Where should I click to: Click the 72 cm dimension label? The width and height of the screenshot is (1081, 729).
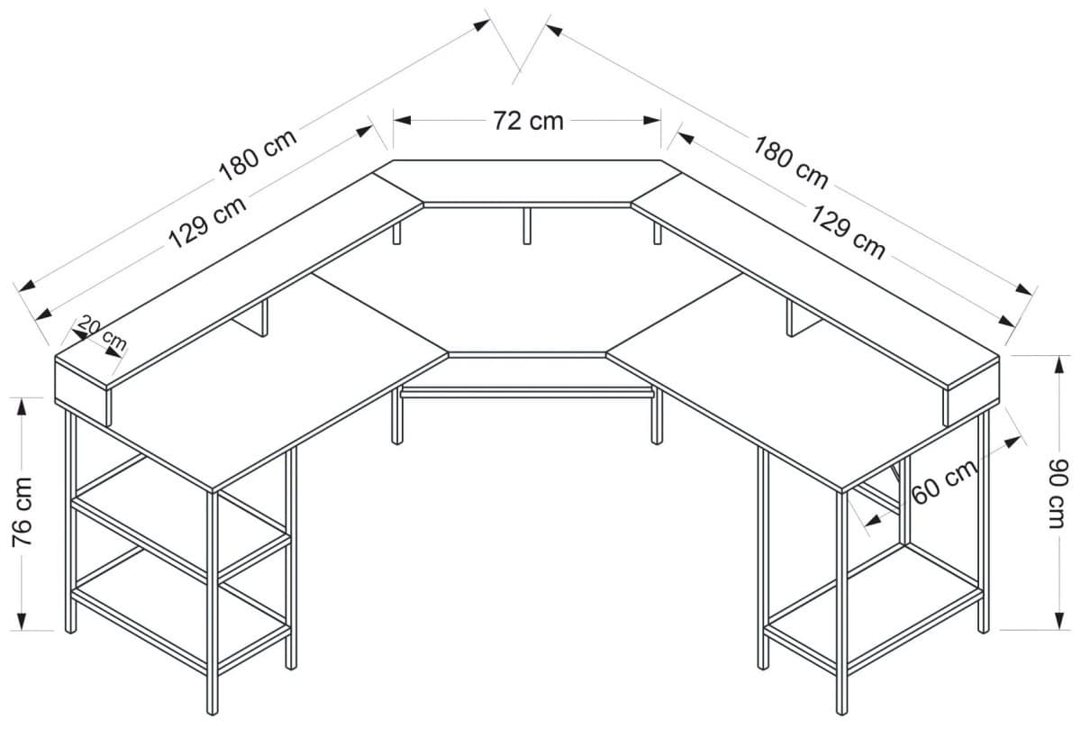point(528,120)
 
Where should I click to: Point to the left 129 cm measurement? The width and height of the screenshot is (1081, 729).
point(208,222)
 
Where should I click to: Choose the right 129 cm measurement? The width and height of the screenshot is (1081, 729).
point(848,232)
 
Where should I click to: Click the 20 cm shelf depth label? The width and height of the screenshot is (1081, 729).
point(102,333)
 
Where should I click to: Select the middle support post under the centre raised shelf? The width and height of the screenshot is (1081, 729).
point(527,225)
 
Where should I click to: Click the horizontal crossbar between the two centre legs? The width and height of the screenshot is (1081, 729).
point(527,392)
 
